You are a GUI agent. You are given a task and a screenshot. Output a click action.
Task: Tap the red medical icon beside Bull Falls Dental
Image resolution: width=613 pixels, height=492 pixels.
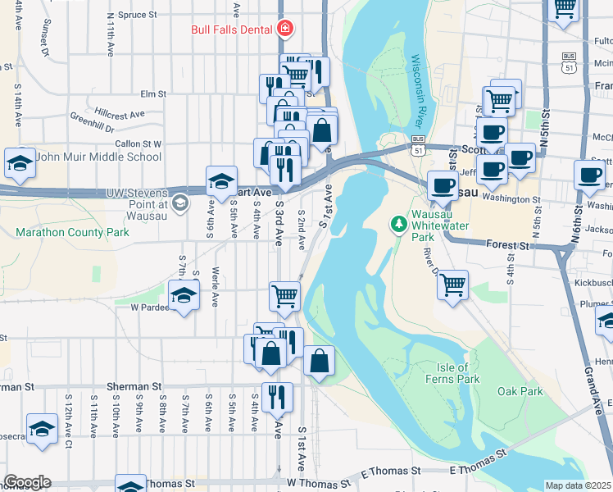(x=284, y=30)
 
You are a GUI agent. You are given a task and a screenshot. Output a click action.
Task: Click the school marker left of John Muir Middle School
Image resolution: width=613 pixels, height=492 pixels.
(x=20, y=163)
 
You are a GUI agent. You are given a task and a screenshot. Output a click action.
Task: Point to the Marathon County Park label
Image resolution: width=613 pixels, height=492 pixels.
(x=72, y=232)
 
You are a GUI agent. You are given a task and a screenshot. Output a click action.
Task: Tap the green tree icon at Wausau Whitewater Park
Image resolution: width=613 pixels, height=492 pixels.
(x=399, y=223)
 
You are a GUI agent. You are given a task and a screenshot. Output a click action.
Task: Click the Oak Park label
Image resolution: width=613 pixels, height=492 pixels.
(x=520, y=391)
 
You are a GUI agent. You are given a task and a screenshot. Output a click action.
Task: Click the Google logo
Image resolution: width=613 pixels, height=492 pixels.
(x=27, y=482)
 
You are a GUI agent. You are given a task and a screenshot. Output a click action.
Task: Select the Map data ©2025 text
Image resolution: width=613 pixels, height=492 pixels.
(x=578, y=485)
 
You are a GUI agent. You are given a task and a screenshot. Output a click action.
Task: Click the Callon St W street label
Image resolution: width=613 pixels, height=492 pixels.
(x=138, y=143)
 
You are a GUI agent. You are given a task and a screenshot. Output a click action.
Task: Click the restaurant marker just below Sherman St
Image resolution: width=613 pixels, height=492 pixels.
(x=277, y=398)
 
